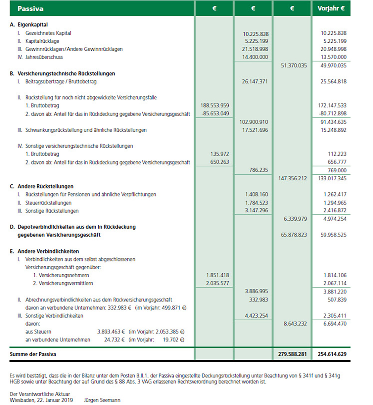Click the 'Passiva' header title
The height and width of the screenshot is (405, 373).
tap(30, 9)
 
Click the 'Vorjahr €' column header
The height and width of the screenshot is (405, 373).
tap(331, 8)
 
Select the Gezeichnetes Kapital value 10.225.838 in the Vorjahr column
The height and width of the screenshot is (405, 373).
tap(333, 33)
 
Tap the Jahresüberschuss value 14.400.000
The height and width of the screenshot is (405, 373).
tap(255, 57)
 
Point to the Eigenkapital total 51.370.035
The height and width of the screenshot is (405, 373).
tap(294, 66)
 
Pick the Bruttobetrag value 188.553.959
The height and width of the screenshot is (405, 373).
tap(214, 106)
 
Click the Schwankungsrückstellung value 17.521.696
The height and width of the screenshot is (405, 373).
tap(255, 130)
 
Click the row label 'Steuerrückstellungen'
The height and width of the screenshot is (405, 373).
tap(48, 203)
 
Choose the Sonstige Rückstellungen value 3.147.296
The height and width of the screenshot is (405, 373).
tap(256, 210)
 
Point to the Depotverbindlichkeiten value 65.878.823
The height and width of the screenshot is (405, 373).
tap(294, 235)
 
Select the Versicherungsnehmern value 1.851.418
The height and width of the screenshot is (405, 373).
tap(217, 275)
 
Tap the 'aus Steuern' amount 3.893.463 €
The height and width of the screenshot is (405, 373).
tap(111, 332)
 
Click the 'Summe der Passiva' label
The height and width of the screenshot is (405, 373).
tap(33, 354)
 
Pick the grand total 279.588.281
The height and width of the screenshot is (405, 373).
tap(292, 354)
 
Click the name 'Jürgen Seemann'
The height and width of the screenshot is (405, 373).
tap(102, 400)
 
